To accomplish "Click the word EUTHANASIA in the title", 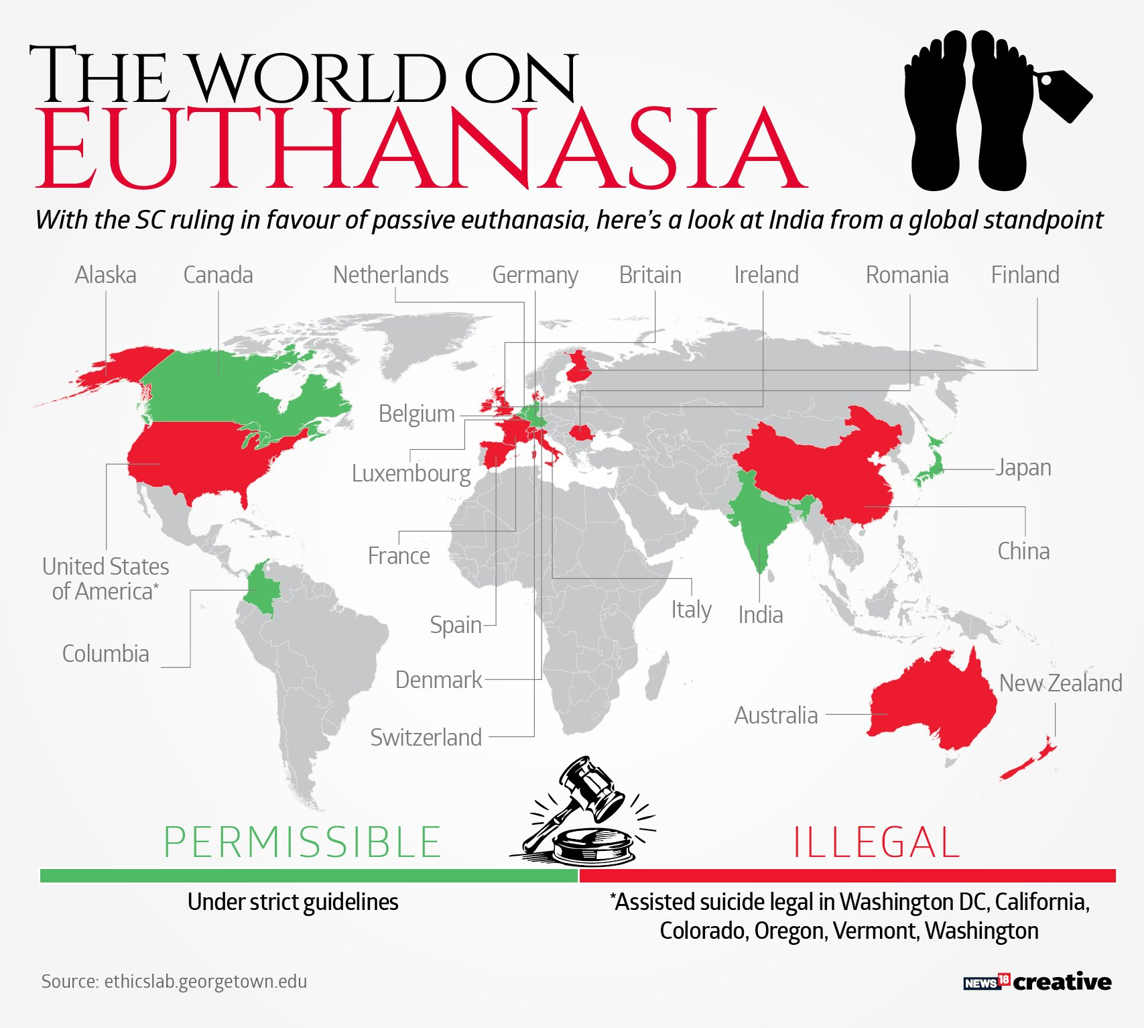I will tap(421, 149).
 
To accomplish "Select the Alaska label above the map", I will tap(105, 275).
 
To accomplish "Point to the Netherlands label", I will tap(391, 275).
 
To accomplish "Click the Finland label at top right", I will tap(1025, 275).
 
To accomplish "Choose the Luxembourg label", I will tap(411, 473).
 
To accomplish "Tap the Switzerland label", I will tap(426, 738).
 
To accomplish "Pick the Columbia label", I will tap(105, 654).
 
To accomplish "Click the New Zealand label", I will tap(1060, 683).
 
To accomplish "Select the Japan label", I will tap(1023, 467).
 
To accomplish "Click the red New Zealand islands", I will tap(1029, 761).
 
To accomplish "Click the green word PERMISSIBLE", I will tap(302, 843).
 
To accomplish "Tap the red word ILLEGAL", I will tap(876, 843).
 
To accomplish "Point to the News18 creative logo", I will tap(1037, 982).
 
